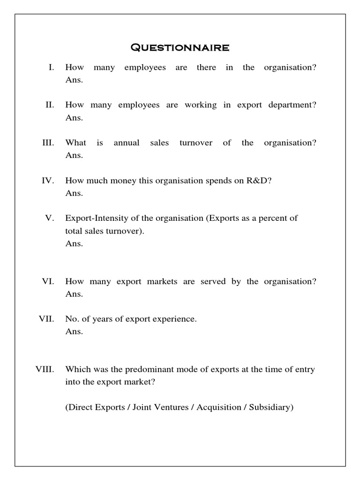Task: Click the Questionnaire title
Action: [x=180, y=47]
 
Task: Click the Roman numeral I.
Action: [x=51, y=67]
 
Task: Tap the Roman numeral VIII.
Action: [x=45, y=369]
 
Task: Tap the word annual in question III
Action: [x=127, y=143]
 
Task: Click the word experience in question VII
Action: [x=173, y=319]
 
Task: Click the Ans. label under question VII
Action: [x=74, y=331]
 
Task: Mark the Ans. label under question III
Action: [x=74, y=155]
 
